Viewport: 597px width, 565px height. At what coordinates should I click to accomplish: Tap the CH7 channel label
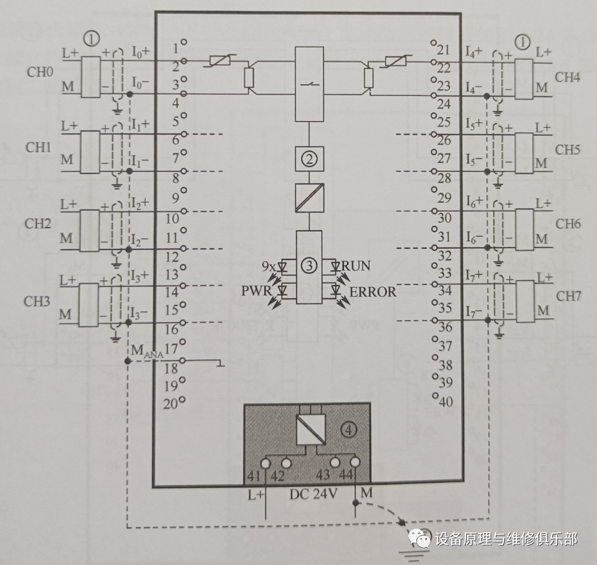point(568,296)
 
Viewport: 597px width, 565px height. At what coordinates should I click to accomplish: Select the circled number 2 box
point(309,159)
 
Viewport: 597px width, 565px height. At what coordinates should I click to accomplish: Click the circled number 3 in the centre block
point(309,266)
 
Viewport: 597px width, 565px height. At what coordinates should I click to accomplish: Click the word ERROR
point(373,291)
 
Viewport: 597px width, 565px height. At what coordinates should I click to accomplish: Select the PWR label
point(256,291)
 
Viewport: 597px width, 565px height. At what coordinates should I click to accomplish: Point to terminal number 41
point(254,476)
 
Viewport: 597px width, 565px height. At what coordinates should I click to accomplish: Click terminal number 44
point(347,476)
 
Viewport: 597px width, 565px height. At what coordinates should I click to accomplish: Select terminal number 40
point(446,402)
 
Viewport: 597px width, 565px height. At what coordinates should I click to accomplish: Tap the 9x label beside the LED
point(269,266)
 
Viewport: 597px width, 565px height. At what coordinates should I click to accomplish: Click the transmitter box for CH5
point(525,151)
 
